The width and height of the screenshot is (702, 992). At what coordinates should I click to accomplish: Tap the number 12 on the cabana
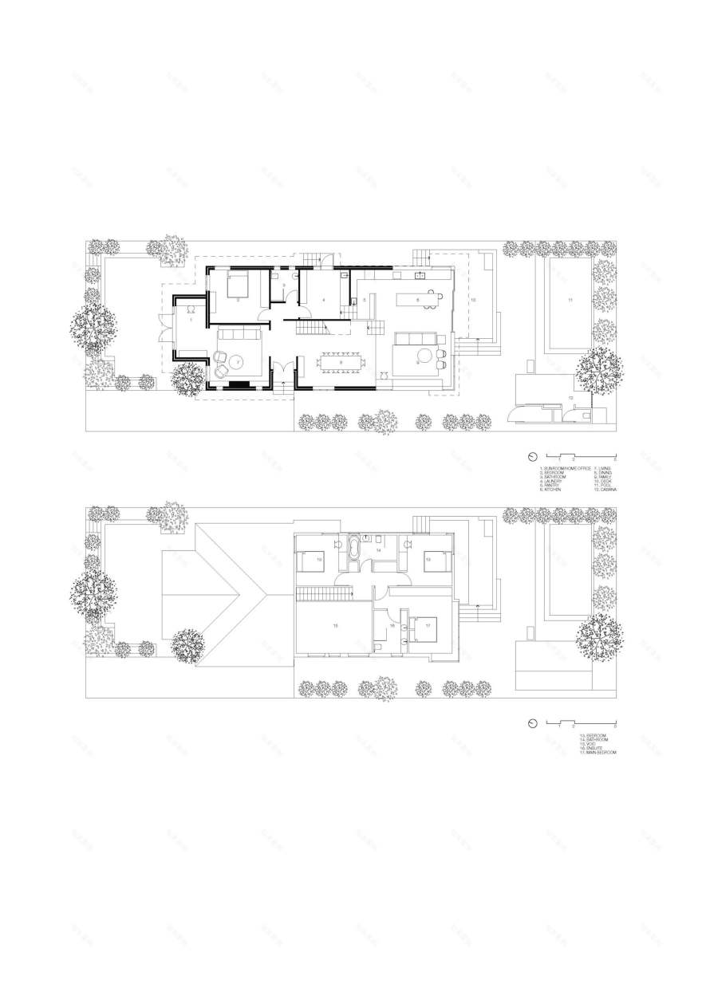[570, 396]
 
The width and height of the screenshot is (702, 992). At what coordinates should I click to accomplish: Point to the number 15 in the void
[335, 626]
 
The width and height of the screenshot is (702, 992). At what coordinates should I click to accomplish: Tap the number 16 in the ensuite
[392, 627]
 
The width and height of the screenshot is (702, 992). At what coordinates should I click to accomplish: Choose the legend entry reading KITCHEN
[552, 490]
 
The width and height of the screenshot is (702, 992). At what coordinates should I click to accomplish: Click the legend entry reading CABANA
[604, 490]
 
